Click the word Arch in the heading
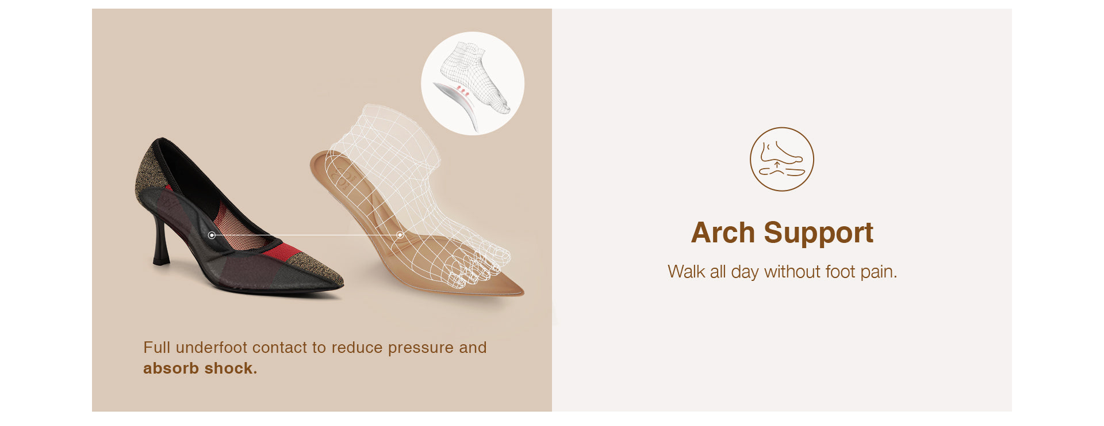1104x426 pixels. pyautogui.click(x=723, y=233)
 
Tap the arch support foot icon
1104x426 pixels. pyautogui.click(x=781, y=159)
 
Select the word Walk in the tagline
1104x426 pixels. pyautogui.click(x=686, y=271)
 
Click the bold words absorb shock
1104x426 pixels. pyautogui.click(x=200, y=368)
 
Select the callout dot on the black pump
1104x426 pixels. pyautogui.click(x=212, y=235)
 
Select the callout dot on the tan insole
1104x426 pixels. pyautogui.click(x=400, y=235)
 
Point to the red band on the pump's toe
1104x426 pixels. pyautogui.click(x=286, y=251)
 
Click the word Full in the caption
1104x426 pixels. pyautogui.click(x=156, y=347)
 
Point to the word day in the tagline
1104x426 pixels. pyautogui.click(x=745, y=272)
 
